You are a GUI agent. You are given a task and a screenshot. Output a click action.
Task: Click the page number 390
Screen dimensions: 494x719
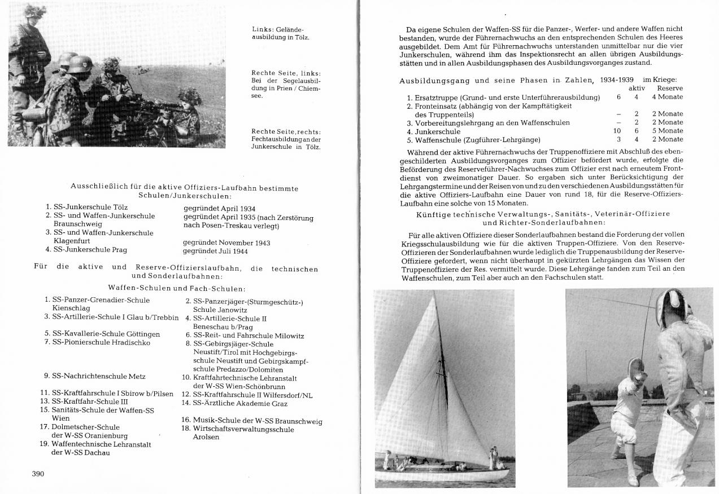pyautogui.click(x=37, y=474)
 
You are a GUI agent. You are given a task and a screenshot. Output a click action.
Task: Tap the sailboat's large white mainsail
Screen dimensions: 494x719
pyautogui.click(x=418, y=383)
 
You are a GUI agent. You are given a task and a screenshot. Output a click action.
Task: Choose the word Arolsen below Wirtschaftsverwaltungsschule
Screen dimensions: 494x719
pyautogui.click(x=206, y=437)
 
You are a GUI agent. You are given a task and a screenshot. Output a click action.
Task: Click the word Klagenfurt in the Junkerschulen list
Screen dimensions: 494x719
pyautogui.click(x=68, y=241)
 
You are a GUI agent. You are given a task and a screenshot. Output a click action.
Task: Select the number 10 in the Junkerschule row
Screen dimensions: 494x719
pyautogui.click(x=617, y=131)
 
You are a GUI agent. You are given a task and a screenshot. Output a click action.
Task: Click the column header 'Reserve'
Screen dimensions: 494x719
pyautogui.click(x=670, y=89)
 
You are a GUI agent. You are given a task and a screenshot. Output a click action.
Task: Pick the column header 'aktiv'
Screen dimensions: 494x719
pyautogui.click(x=637, y=89)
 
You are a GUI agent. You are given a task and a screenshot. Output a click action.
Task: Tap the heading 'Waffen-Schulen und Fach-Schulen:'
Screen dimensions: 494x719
pyautogui.click(x=177, y=289)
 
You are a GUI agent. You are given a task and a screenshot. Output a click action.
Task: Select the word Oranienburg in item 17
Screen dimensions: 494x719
pyautogui.click(x=106, y=436)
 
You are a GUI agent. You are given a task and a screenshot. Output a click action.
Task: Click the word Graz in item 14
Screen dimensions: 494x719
pyautogui.click(x=280, y=404)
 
